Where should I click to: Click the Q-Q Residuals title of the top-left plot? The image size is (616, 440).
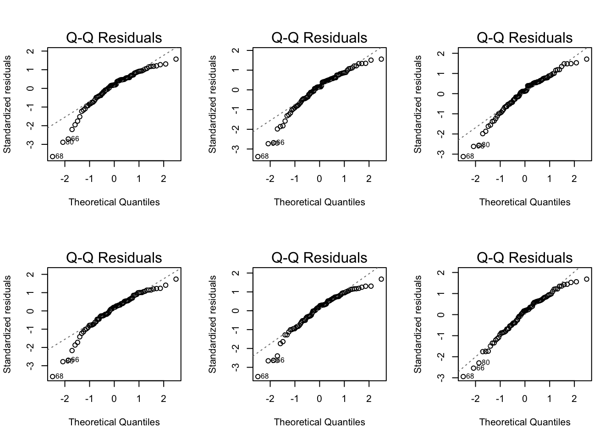[x=114, y=38]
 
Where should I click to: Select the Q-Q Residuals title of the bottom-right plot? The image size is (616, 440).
[x=525, y=258]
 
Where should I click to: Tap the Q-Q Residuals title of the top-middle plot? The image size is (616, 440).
[x=319, y=38]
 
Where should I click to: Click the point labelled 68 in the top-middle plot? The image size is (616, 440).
[x=258, y=156]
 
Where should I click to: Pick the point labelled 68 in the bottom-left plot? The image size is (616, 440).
[x=53, y=376]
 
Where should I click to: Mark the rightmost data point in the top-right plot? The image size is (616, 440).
[x=587, y=59]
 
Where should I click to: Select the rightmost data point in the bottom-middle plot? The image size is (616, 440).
[x=381, y=279]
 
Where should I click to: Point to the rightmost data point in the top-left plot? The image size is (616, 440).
[x=176, y=59]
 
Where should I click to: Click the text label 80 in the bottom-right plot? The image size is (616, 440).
[x=485, y=363]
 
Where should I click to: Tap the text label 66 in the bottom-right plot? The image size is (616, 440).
[x=480, y=368]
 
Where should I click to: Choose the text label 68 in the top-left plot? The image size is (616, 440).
[x=59, y=156]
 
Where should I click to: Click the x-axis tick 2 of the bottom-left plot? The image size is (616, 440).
[x=164, y=399]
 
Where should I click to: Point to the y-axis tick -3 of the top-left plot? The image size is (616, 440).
[x=30, y=144]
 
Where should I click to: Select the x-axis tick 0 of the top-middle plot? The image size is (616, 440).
[x=319, y=179]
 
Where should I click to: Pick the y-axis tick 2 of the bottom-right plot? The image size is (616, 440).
[x=441, y=273]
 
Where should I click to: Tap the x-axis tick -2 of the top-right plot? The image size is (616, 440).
[x=475, y=179]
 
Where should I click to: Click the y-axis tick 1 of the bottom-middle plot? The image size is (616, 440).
[x=236, y=292]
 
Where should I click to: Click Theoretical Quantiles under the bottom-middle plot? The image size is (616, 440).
[x=319, y=422]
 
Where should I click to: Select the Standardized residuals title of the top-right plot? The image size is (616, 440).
[x=418, y=104]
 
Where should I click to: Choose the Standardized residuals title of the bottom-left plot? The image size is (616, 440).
[x=7, y=324]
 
